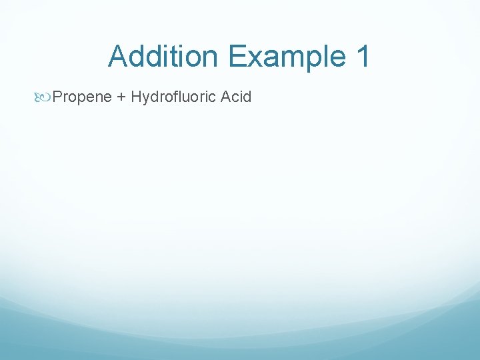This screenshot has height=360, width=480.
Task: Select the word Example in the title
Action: pos(287,56)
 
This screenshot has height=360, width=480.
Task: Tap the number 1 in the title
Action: pos(363,56)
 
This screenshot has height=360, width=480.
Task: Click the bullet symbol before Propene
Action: pos(45,97)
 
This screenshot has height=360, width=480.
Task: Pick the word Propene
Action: pos(81,97)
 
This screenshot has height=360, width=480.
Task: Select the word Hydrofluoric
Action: pos(173,97)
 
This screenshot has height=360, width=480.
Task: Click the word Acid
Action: pos(236,97)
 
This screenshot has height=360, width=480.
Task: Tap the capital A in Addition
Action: pos(119,56)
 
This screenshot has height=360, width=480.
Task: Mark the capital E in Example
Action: pos(237,56)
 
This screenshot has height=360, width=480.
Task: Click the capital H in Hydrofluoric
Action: pos(136,97)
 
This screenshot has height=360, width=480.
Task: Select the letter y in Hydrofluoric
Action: pos(147,99)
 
